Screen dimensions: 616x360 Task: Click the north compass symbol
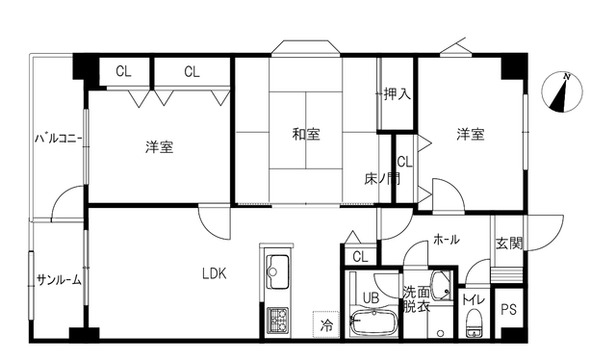coord(562,92)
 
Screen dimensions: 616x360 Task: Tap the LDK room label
coord(214,273)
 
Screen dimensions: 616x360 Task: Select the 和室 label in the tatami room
coord(306,134)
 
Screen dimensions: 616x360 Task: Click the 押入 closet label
coord(398,94)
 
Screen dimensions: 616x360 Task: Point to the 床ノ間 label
coord(382,179)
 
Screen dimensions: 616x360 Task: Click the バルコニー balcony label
coord(58,139)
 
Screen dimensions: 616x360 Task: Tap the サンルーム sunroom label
coord(59,280)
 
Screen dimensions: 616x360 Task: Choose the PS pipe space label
coord(509,310)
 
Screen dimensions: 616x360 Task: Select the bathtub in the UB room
coord(373,321)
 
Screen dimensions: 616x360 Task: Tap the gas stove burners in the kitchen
coord(278,320)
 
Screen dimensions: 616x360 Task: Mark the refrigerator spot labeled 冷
coord(326,324)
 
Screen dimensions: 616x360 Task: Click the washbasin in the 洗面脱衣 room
coord(442,285)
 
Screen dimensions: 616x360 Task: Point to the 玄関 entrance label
coord(509,244)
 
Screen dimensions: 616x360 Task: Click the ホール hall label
coord(447,240)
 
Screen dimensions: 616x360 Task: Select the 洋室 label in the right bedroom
coord(471,134)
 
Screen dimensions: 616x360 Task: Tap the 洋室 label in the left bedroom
coord(159,147)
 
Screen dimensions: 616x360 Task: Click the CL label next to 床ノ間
coord(404,162)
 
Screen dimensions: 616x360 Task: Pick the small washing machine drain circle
coord(441,333)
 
